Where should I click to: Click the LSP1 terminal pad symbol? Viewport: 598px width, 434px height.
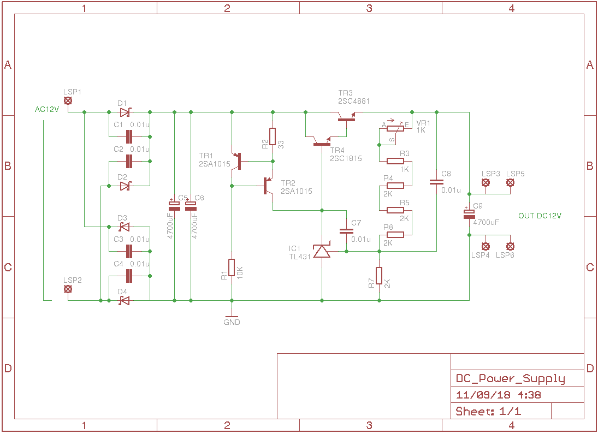click(x=68, y=101)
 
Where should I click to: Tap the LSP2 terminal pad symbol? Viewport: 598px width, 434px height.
click(x=68, y=289)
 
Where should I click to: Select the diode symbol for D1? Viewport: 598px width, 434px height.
click(x=125, y=112)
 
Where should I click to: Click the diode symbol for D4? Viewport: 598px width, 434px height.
click(x=125, y=300)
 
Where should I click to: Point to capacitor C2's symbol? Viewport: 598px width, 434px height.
click(x=129, y=161)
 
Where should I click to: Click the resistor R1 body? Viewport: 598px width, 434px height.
click(x=232, y=267)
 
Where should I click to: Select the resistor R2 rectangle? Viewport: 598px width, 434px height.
click(x=273, y=136)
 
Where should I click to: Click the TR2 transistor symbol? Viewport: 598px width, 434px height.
click(x=268, y=186)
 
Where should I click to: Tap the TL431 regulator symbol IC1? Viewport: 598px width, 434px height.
click(x=322, y=251)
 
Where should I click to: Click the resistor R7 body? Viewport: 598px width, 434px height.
click(x=379, y=276)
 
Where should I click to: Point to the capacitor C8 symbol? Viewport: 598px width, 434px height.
click(x=436, y=182)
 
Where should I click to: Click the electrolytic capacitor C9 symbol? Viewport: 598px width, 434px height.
click(x=469, y=214)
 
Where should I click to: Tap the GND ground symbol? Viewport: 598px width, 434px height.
click(x=232, y=317)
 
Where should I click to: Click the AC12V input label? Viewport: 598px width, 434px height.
click(x=47, y=109)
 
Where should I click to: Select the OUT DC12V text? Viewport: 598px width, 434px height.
click(x=540, y=216)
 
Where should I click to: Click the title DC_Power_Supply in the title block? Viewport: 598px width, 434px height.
click(x=510, y=379)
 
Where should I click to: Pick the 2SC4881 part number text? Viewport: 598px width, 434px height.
click(x=354, y=101)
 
